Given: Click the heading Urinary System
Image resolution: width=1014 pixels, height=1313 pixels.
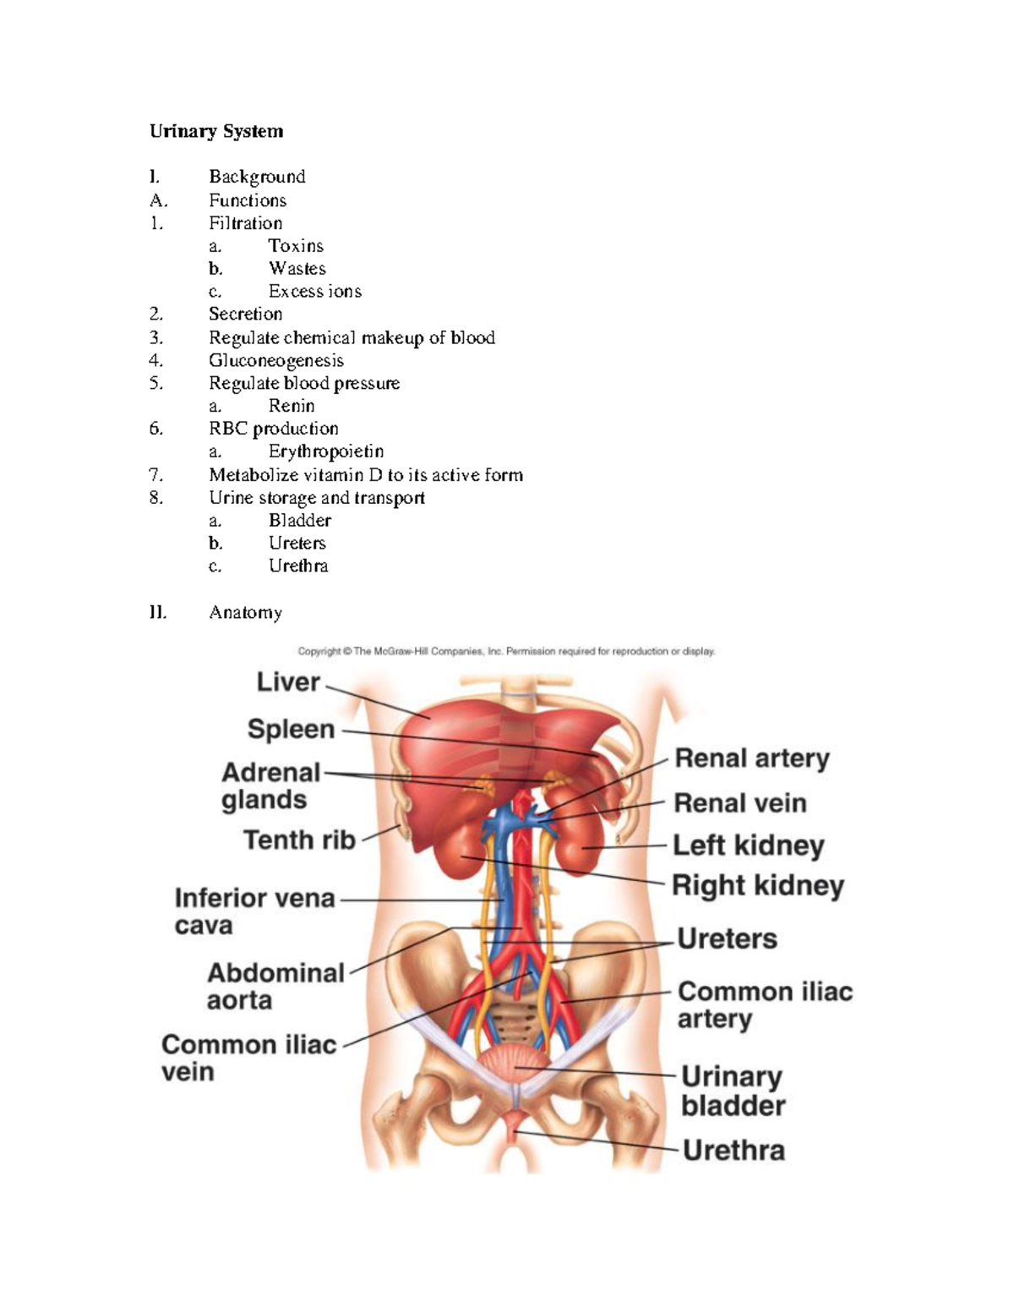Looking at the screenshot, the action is pyautogui.click(x=216, y=131).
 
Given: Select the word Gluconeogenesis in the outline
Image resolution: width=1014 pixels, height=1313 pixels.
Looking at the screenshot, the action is pyautogui.click(x=276, y=360).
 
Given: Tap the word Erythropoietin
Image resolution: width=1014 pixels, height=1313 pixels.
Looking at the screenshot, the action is pyautogui.click(x=326, y=451).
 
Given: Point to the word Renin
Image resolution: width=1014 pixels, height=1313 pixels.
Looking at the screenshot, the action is pyautogui.click(x=292, y=406).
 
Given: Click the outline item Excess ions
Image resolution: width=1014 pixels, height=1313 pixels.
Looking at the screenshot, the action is pyautogui.click(x=315, y=292).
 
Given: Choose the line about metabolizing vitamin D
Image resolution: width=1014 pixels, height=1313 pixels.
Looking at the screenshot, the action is pyautogui.click(x=366, y=475).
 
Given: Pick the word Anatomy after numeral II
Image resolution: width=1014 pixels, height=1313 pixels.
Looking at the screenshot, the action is pyautogui.click(x=245, y=612).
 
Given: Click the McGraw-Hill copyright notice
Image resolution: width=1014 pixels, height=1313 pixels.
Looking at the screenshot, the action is pyautogui.click(x=506, y=652).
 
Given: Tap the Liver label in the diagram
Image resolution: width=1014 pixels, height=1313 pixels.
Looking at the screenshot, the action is pyautogui.click(x=288, y=682).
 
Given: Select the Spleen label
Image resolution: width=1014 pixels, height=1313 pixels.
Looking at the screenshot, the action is pyautogui.click(x=291, y=729).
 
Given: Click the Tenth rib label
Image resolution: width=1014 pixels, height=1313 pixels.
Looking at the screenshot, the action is pyautogui.click(x=299, y=840).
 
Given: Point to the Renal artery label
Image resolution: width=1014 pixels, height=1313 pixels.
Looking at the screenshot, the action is pyautogui.click(x=752, y=758).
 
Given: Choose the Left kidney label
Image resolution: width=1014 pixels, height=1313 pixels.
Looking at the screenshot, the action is pyautogui.click(x=748, y=845).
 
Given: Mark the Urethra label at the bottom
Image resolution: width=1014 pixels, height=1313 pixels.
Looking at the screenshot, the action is pyautogui.click(x=733, y=1150).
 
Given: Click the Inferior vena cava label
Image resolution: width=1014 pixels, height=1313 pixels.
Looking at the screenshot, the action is pyautogui.click(x=254, y=911).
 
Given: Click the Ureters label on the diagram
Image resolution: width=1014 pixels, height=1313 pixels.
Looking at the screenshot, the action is pyautogui.click(x=727, y=938).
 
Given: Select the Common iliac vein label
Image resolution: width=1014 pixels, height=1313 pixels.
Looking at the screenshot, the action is pyautogui.click(x=248, y=1058).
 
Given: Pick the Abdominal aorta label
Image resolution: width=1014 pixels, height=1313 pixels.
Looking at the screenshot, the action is pyautogui.click(x=275, y=986).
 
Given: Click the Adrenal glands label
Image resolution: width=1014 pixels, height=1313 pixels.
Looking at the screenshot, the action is pyautogui.click(x=270, y=785).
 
